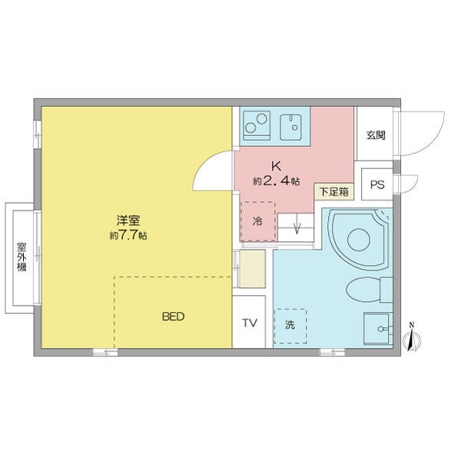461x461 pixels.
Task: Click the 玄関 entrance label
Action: pos(376,135)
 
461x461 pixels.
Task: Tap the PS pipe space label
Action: pos(377,184)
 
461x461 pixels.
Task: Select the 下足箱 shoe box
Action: pos(334,191)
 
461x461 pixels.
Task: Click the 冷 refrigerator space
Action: pos(258,221)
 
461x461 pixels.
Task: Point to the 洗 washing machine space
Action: pos(290,326)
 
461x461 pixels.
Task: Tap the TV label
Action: pos(249,323)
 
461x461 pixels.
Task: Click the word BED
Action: pos(174,317)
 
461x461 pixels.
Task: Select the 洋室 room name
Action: pos(128,221)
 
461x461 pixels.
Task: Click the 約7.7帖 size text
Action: pos(128,235)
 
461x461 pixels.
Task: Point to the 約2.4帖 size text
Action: pos(277,181)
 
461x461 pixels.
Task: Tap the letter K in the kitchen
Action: pos(276,167)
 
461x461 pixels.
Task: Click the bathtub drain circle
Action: pos(358,239)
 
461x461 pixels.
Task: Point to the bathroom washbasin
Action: pos(378,328)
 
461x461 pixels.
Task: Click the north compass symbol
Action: pos(413,339)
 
